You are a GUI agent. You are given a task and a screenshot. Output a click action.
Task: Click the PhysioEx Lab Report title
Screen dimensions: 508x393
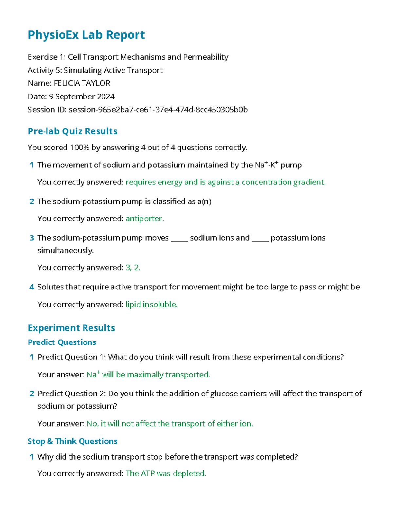tap(86, 35)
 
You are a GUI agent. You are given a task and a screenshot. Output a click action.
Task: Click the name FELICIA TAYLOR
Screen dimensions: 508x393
tap(82, 83)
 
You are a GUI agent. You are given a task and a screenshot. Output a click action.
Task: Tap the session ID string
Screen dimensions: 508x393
tap(158, 110)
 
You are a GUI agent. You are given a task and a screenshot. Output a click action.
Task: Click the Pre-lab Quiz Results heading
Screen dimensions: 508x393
tap(72, 131)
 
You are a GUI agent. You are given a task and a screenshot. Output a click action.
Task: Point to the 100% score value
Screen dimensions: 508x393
tap(80, 148)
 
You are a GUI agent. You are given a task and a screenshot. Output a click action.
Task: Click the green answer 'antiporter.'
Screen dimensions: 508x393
tap(145, 219)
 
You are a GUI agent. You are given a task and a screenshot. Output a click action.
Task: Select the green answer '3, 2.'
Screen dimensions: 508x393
tap(133, 268)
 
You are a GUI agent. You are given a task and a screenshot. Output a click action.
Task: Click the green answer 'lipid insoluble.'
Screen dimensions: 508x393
tap(151, 305)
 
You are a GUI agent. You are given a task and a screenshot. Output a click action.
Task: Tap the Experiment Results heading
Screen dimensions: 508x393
tap(71, 328)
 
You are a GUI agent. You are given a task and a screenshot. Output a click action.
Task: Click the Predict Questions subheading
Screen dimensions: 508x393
tap(62, 342)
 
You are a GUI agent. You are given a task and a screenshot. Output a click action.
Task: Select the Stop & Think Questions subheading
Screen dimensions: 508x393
tap(72, 441)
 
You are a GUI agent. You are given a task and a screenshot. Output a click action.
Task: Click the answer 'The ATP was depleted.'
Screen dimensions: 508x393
tap(166, 473)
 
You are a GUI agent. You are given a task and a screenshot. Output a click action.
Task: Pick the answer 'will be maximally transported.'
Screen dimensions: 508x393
tap(156, 375)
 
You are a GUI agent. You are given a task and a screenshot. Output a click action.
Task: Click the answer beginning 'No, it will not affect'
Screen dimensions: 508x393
tap(170, 424)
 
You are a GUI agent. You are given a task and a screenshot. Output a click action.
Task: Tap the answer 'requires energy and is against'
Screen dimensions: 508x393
tap(225, 182)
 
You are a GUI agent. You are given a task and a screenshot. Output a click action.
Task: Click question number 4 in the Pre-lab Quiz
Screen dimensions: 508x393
tap(32, 287)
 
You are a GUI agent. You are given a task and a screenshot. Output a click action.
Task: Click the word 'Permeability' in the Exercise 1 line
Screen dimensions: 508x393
tap(206, 57)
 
